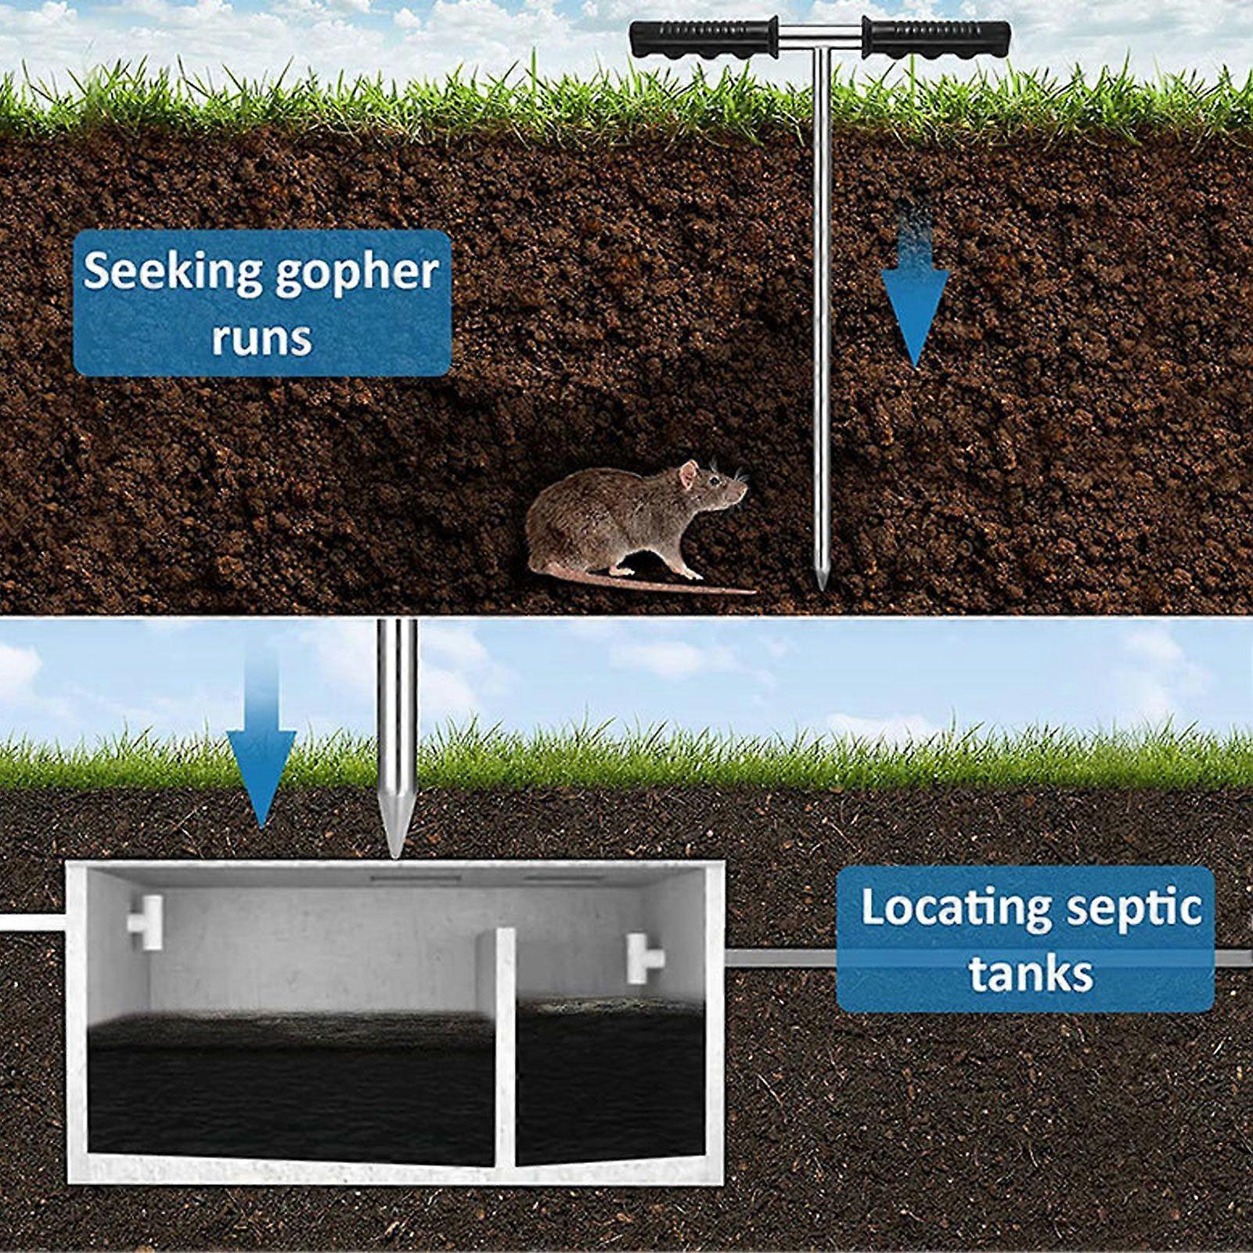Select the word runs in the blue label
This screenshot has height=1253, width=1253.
261,338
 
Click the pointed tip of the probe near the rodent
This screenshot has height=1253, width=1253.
819,583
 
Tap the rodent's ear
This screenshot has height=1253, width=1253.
688,474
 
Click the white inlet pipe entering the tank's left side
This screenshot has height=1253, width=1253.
31,921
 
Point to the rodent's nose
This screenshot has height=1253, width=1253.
744,490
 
